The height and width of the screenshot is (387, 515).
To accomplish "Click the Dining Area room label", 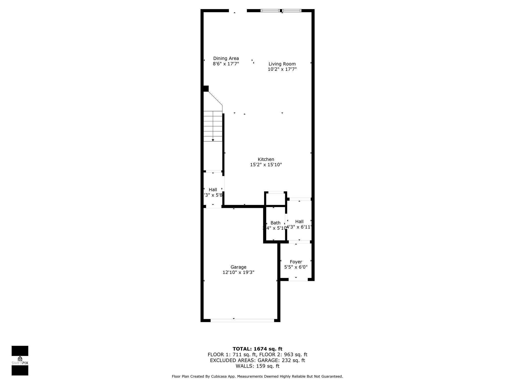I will point(226,58).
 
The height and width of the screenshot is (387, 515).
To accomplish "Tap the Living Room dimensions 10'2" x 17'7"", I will point(282,69).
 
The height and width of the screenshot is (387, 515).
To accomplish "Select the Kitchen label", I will point(266,159).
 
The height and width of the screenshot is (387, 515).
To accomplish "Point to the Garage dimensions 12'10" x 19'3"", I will point(238,272).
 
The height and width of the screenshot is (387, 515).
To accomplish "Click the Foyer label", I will point(296,262).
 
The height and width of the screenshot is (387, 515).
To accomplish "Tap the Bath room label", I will point(275,223).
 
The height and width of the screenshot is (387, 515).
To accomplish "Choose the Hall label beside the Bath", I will point(299,221).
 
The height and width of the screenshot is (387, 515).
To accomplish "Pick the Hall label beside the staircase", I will point(213,190).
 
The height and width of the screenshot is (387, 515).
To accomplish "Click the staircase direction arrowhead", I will point(213,140).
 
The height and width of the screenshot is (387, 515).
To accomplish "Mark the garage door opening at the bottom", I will point(242,320).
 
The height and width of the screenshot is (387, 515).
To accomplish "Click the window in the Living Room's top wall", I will point(281,11).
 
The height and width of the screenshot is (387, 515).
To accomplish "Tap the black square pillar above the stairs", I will point(206,89).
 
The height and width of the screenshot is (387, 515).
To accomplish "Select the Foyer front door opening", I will point(298,279).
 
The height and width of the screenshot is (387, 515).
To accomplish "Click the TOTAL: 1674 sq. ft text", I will point(257,349).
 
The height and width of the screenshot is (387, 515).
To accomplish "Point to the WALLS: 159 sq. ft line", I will point(257,366).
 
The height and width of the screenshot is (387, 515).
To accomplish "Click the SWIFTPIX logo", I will point(20,361).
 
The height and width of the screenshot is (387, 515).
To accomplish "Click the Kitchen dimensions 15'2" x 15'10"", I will point(266,165).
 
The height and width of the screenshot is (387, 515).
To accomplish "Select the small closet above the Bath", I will point(276,199).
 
